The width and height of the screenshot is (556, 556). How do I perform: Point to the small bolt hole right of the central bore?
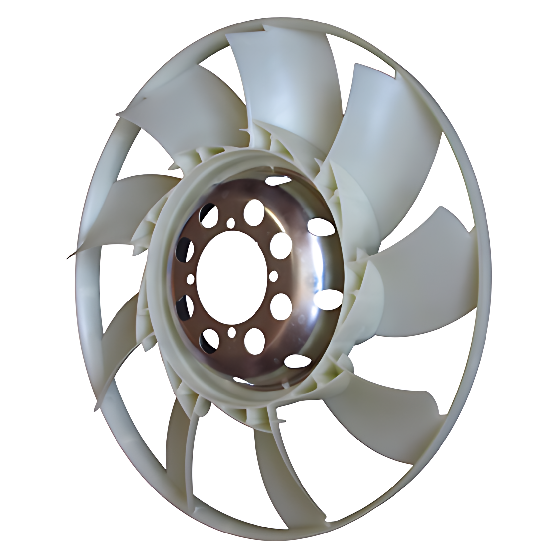pyautogui.click(x=273, y=275)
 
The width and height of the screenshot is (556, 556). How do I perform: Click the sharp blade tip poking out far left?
pyautogui.click(x=68, y=255)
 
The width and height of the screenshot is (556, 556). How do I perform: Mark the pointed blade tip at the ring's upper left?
pyautogui.click(x=119, y=114)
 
